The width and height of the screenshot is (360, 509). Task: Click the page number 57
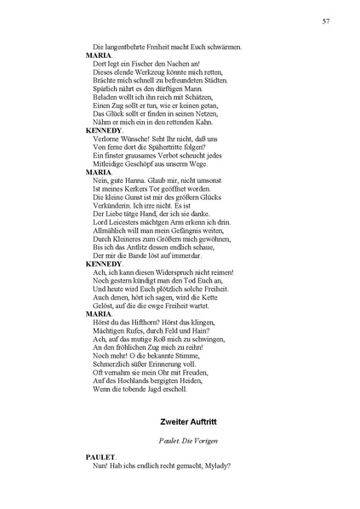[327, 20]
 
